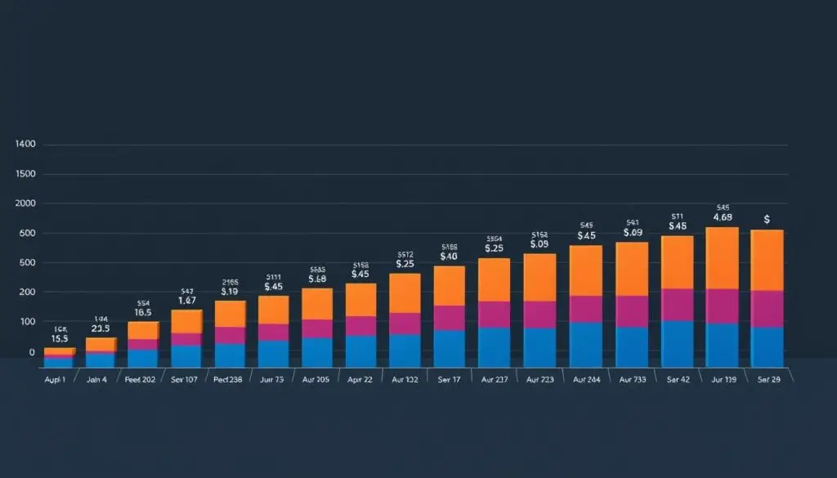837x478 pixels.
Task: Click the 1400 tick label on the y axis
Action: coord(25,145)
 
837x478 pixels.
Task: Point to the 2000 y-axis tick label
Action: coord(25,203)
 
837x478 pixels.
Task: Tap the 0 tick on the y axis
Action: coord(31,352)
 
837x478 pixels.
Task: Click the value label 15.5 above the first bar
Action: coord(59,338)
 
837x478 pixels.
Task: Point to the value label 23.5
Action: coord(101,328)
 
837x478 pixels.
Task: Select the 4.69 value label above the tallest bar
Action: coord(723,217)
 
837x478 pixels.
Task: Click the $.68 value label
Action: coord(317,279)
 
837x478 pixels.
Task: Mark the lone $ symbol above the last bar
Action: coord(767,219)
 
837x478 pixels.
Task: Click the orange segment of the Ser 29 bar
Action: coord(767,260)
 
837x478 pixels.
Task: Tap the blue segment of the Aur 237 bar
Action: coord(494,346)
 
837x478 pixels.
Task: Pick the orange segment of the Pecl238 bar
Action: coord(231,314)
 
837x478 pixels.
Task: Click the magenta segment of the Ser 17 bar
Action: coord(449,318)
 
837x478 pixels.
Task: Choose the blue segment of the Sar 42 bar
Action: coord(677,343)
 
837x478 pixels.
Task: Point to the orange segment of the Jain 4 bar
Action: coord(101,344)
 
